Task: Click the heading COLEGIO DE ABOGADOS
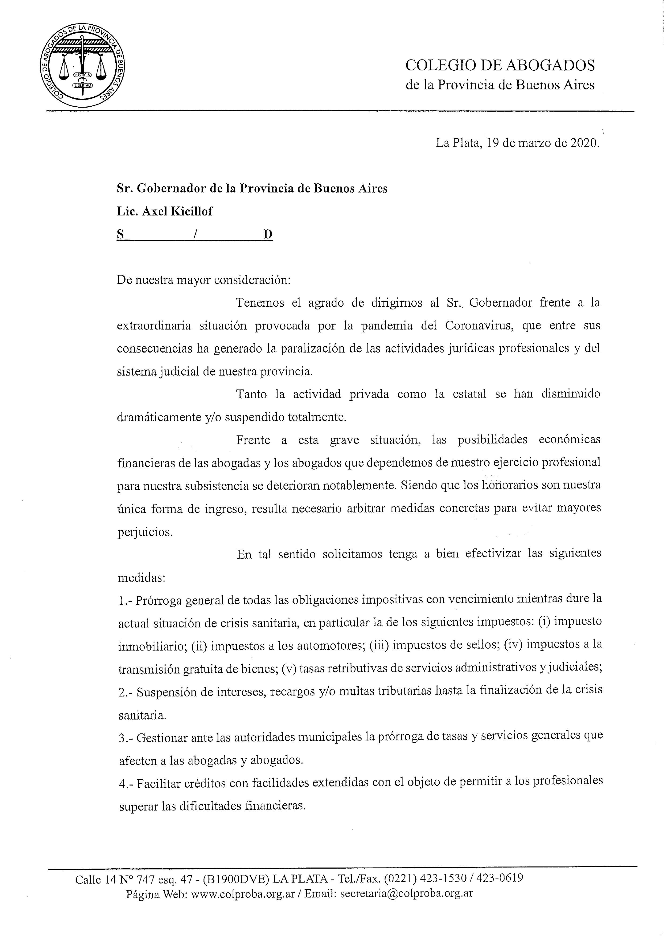[500, 65]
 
